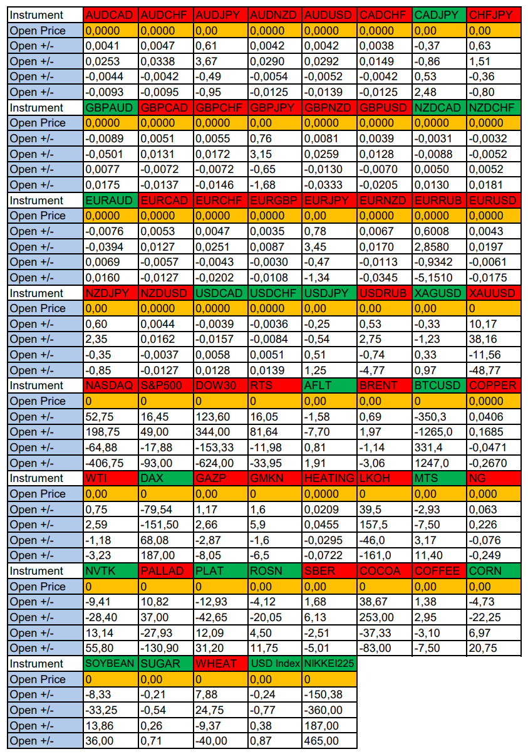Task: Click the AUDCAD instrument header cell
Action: [110, 15]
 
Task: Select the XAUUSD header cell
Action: [494, 293]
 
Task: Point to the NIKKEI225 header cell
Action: [329, 664]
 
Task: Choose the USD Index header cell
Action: [274, 664]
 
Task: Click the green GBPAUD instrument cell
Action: [110, 108]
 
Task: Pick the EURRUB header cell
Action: [439, 201]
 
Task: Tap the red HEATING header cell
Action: [329, 478]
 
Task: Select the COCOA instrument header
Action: [384, 571]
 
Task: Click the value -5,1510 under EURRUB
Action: [439, 278]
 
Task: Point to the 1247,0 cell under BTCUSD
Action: [439, 463]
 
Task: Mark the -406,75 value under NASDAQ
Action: [110, 463]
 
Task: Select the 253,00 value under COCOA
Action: [384, 617]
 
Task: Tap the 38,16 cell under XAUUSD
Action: [494, 339]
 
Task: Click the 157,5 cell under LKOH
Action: [384, 525]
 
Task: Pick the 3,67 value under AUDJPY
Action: [220, 61]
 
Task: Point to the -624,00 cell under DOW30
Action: [220, 463]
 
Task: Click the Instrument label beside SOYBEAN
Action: [45, 664]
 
